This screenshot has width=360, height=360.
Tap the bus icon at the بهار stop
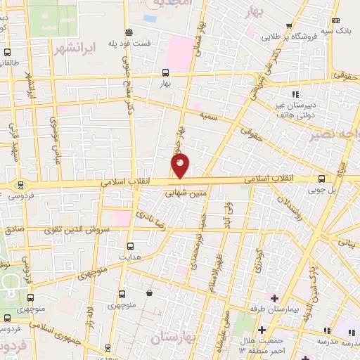click(165, 72)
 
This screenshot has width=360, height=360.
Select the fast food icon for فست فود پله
click(128, 32)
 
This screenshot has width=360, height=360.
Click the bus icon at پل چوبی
click(321, 179)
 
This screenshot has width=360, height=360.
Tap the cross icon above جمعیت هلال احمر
click(261, 330)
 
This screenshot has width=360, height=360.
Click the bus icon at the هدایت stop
click(129, 246)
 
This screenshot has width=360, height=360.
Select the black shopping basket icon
click(149, 292)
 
